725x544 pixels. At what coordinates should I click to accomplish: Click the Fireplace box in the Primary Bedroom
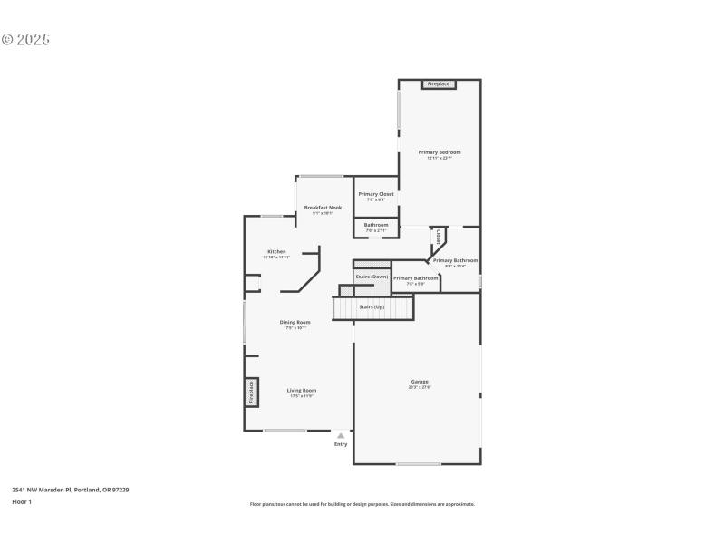pos(439,84)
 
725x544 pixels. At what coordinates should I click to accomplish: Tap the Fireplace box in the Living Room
pos(251,392)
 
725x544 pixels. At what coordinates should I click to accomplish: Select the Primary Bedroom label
pos(440,152)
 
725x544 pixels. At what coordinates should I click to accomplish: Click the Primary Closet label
pos(376,194)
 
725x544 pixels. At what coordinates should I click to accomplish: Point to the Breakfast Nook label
pos(323,208)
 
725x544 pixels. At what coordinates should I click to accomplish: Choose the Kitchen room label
pos(276,251)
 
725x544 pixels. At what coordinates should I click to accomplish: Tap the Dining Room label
pos(295,322)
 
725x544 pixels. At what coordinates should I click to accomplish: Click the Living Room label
pos(303,390)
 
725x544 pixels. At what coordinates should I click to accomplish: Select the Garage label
pos(419,382)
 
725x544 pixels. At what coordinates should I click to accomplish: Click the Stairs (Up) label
pos(372,307)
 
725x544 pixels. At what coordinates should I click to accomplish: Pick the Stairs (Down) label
pos(372,276)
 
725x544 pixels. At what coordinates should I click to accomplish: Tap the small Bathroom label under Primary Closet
pos(376,225)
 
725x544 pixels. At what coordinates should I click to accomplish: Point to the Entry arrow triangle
pos(341,435)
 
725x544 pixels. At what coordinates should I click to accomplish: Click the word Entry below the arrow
pos(341,444)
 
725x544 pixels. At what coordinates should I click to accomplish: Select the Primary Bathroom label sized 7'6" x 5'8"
pos(415,278)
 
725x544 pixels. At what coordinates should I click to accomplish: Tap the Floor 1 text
pos(22,501)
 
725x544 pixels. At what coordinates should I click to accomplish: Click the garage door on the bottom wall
pos(419,464)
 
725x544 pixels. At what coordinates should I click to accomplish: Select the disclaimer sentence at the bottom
pos(362,504)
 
